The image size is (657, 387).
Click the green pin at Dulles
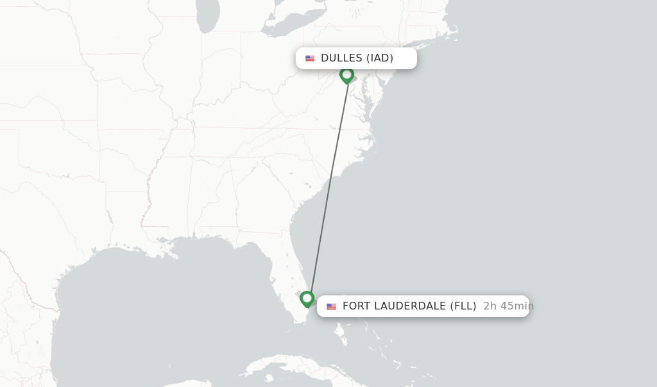[x=347, y=75]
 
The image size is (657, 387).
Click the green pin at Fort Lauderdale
[x=307, y=299]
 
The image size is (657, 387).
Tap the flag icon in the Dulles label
[x=310, y=58]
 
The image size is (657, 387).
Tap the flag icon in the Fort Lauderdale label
[x=331, y=306]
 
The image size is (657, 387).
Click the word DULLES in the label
[x=341, y=58]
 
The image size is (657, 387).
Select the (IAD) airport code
[x=380, y=58]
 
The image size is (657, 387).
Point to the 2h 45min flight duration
[x=508, y=306]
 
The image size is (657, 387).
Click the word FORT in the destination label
[x=356, y=306]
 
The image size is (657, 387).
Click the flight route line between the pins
[x=328, y=186]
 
